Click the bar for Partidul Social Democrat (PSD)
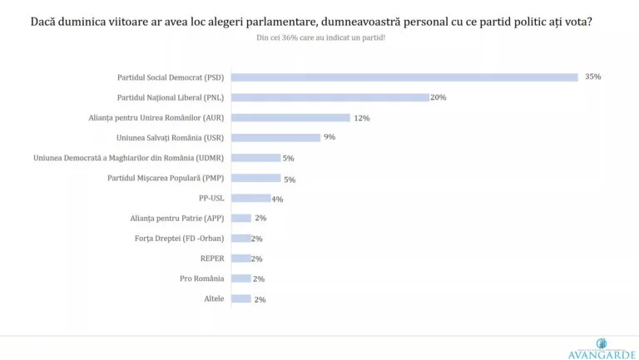point(404,77)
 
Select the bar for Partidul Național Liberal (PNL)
point(330,97)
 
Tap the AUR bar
point(290,118)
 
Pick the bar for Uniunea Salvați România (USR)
point(275,138)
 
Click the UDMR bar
point(255,158)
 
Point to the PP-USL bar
point(250,198)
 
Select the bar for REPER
point(240,259)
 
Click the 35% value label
point(592,77)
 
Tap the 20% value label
point(438,97)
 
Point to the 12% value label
point(362,118)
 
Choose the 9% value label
point(329,137)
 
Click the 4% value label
point(278,199)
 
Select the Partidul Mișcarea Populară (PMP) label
point(166,178)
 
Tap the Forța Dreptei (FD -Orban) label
point(179,239)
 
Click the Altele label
point(213,298)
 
